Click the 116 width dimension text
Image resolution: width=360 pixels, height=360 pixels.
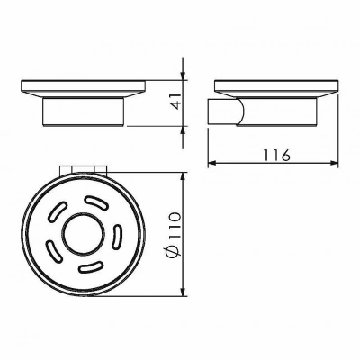[x=277, y=155]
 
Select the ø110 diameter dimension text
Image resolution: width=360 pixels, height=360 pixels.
[x=174, y=234]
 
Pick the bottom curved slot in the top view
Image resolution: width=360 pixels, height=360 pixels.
[x=91, y=267]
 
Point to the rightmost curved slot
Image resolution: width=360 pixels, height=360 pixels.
[x=117, y=237]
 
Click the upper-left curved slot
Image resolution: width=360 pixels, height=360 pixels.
[x=57, y=212]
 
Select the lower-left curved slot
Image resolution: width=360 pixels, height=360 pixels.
[x=53, y=249]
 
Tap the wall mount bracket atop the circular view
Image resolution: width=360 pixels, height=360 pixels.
[x=84, y=169]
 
